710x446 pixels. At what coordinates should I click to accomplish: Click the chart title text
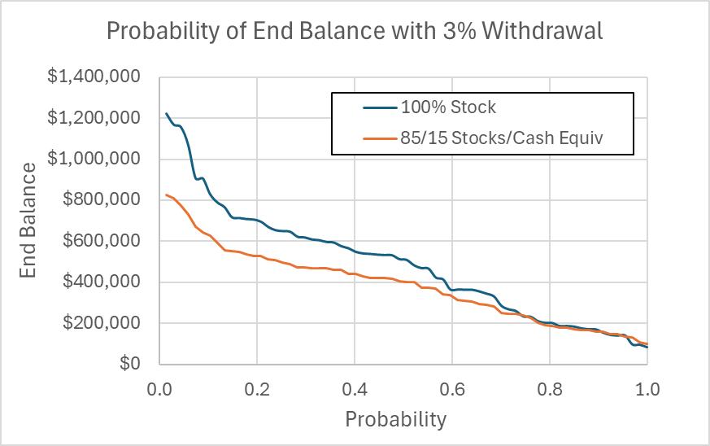click(x=355, y=32)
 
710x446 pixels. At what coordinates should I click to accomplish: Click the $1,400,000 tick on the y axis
click(x=95, y=77)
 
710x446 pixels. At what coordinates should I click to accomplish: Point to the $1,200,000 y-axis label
click(x=95, y=118)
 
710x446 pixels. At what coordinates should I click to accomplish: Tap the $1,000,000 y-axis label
click(x=95, y=160)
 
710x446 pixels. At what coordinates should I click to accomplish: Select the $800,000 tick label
click(x=102, y=200)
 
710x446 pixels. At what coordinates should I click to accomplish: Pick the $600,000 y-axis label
click(x=102, y=242)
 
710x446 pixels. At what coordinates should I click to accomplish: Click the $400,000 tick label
click(x=102, y=282)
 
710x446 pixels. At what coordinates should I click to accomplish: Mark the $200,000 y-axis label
click(x=102, y=323)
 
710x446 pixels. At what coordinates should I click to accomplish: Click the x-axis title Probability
click(x=396, y=419)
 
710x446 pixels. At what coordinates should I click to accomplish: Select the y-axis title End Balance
click(x=29, y=221)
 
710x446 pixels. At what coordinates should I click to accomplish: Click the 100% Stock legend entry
click(x=448, y=107)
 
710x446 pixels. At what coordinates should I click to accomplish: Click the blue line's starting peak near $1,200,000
click(x=166, y=114)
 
